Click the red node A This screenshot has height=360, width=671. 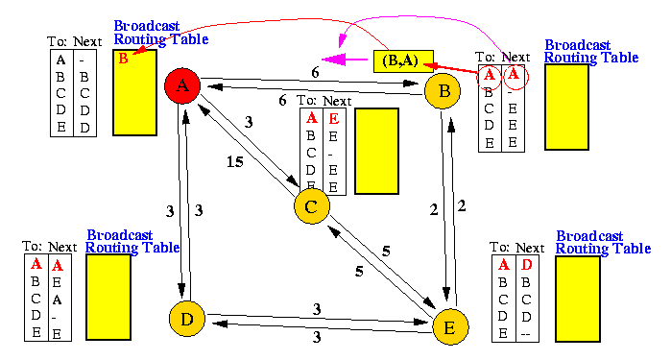tap(182, 85)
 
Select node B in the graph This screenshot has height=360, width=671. tap(443, 91)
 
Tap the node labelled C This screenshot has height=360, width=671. tap(312, 206)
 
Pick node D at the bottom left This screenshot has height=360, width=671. tap(187, 319)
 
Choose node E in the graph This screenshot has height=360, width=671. tap(450, 327)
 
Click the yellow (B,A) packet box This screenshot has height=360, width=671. tap(403, 61)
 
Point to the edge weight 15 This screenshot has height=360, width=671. tap(235, 162)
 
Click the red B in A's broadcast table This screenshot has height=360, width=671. tap(123, 59)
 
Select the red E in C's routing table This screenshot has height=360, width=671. tap(334, 118)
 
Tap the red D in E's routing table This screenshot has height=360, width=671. tap(526, 265)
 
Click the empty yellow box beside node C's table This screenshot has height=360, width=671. tap(376, 151)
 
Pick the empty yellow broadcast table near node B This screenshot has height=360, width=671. tap(566, 107)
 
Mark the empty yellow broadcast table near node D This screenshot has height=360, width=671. tap(108, 297)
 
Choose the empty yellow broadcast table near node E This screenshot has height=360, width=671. tap(578, 299)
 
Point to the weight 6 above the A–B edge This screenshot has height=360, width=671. tap(315, 73)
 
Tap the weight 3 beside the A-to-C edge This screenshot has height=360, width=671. tap(249, 123)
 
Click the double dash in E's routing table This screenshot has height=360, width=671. tap(526, 334)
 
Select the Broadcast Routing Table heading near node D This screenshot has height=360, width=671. tap(132, 241)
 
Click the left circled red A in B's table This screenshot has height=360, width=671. tap(490, 76)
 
